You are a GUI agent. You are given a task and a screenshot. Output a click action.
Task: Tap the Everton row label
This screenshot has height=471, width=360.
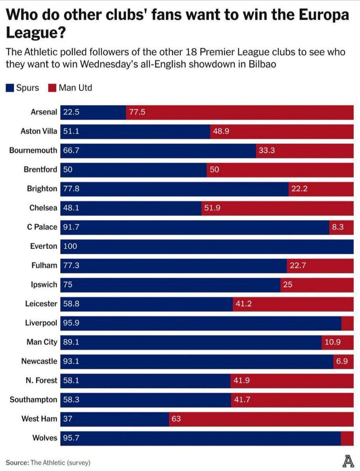(44, 246)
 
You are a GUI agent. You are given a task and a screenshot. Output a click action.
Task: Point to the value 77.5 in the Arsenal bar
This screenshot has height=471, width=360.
(137, 112)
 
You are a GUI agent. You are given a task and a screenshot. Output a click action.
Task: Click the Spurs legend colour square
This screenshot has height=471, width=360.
(10, 87)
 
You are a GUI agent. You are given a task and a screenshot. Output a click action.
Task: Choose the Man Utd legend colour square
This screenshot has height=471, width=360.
(52, 87)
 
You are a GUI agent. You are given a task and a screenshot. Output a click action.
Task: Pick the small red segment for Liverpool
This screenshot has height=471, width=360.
(347, 323)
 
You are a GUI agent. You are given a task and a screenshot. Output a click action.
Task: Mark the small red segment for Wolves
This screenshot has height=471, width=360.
(347, 438)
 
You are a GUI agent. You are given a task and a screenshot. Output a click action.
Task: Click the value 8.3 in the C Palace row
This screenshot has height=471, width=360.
(338, 227)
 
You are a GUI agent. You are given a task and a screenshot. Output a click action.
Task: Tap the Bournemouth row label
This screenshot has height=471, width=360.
(33, 151)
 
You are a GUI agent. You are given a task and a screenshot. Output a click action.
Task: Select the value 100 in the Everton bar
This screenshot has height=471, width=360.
(70, 246)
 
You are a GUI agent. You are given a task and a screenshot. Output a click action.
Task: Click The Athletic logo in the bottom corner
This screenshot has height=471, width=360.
(347, 461)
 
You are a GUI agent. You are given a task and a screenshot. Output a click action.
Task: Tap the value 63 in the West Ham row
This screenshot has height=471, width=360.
(176, 419)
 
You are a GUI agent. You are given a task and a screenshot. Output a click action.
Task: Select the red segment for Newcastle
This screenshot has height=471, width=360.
(343, 361)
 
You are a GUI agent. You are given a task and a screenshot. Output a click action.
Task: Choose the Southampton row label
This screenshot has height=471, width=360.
(33, 400)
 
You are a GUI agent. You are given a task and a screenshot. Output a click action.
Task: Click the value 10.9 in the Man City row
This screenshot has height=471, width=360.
(333, 342)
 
